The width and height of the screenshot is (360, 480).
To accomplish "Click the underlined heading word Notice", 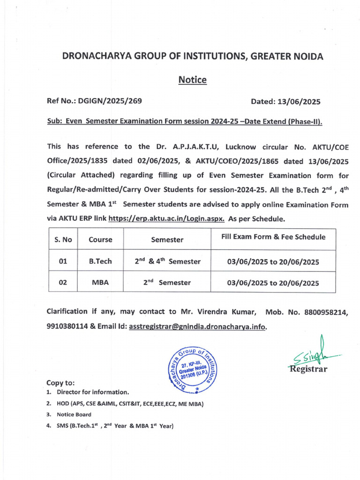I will point(192,80).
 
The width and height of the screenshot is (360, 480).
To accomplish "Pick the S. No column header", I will point(63,240).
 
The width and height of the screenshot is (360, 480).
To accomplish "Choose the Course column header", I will point(100,240).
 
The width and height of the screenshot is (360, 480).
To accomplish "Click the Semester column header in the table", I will point(167,240).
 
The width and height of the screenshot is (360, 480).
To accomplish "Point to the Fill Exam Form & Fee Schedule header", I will point(273,237).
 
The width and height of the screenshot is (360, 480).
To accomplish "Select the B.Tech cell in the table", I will point(100,261).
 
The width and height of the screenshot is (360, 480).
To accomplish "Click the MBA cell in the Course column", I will point(100,283).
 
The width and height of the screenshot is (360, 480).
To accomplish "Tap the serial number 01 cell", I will point(63,261).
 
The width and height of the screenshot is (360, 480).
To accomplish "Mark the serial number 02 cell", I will point(63,283).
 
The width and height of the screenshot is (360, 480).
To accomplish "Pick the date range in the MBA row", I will point(273,283).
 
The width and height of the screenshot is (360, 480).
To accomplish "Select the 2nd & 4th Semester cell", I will point(167,261).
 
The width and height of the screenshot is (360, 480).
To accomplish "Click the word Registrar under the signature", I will point(307,368).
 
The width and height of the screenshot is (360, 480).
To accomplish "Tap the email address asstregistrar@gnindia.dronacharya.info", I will point(197,326).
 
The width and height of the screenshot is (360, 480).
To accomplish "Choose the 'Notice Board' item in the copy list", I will point(74,414).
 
